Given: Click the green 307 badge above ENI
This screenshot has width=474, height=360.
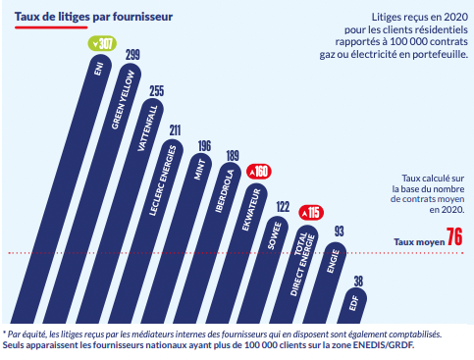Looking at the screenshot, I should click(x=101, y=43).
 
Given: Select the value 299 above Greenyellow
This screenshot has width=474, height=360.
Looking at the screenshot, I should click(x=132, y=53).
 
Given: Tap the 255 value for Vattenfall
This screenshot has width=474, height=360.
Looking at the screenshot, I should click(x=156, y=90).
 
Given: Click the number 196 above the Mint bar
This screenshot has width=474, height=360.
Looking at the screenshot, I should click(x=203, y=146).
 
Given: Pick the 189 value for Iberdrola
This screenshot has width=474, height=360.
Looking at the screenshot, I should click(x=233, y=155).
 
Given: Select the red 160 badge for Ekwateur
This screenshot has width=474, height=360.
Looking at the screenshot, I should click(x=260, y=171).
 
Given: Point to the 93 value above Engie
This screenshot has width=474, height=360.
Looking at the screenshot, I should click(x=338, y=231).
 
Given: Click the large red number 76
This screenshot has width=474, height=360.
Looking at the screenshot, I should click(x=454, y=237).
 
